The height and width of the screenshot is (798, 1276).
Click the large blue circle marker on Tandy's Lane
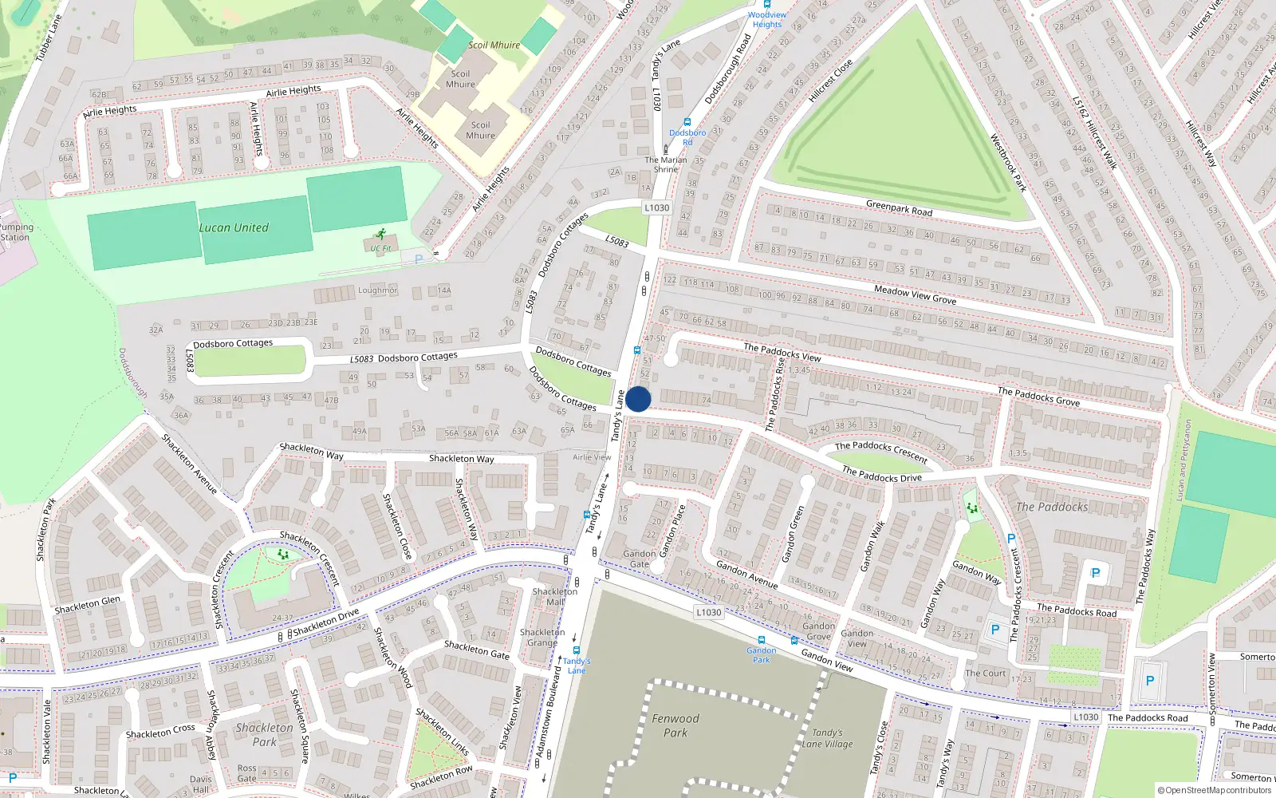(x=638, y=399)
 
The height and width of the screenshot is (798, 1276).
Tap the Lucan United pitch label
(x=234, y=228)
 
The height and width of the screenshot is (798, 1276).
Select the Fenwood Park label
(x=675, y=725)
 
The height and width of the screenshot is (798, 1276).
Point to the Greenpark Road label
(x=899, y=208)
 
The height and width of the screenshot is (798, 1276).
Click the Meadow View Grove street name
(x=915, y=294)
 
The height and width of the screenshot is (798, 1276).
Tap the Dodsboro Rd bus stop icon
(x=687, y=123)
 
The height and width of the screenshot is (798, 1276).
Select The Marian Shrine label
(x=666, y=164)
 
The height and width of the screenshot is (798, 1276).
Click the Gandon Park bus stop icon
(x=761, y=640)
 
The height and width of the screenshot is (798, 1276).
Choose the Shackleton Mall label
(x=555, y=596)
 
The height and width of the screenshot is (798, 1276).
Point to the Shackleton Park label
(x=265, y=734)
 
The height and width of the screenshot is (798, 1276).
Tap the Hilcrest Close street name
(x=830, y=81)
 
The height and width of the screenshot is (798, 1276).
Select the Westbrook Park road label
(x=1007, y=163)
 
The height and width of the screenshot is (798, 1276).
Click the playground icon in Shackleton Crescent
(x=282, y=553)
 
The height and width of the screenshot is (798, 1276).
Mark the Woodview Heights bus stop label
(x=767, y=19)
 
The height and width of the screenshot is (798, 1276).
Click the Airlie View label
(x=592, y=457)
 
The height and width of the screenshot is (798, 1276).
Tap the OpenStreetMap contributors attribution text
(x=1215, y=790)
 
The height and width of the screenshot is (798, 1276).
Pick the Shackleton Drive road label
(x=325, y=622)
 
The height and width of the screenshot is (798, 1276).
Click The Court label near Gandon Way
(x=986, y=673)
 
